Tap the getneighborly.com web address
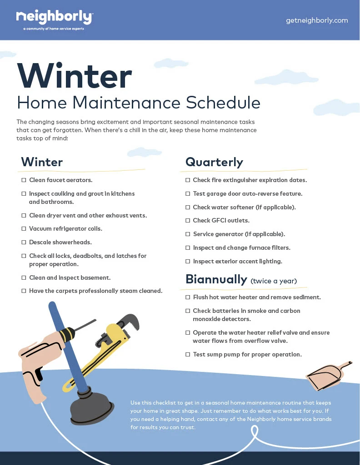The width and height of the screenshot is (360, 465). tap(317, 20)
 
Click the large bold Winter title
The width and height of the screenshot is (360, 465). tap(75, 76)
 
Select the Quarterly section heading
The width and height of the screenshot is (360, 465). tap(214, 162)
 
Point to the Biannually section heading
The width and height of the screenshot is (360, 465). tap(216, 279)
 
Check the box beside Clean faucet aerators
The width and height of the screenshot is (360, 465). tap(24, 180)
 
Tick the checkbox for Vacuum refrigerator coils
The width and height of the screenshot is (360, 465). tap(24, 229)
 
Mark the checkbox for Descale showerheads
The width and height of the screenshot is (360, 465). tap(24, 242)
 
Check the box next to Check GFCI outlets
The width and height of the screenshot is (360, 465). tap(188, 221)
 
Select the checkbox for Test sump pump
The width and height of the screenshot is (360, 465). tap(188, 355)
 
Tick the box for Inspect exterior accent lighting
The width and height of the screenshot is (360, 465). tap(188, 262)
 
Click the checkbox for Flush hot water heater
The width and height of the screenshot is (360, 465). tap(188, 297)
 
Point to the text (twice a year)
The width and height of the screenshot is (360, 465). tap(274, 281)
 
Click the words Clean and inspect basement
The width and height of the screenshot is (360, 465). tap(70, 277)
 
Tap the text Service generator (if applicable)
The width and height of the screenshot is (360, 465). tap(239, 234)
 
